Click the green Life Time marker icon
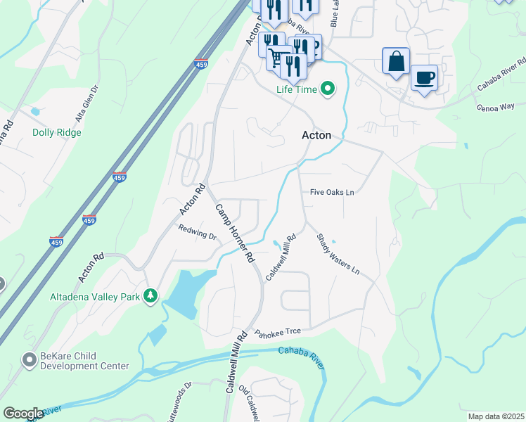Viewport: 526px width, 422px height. pos(327,89)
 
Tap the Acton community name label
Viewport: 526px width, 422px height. pos(316,135)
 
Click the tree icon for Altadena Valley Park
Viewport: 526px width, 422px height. pos(150,297)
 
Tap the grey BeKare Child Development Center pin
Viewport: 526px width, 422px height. pos(29,361)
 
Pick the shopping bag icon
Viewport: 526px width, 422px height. pos(396,60)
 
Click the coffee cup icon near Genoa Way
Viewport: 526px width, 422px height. pos(423,77)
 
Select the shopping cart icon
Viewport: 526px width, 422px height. pos(278,57)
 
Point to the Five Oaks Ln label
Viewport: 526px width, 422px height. pos(332,192)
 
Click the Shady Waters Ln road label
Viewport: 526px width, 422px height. pos(338,254)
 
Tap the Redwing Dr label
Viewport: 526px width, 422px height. pos(197,231)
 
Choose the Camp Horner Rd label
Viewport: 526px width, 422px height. pos(234,233)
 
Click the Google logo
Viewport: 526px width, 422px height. pos(23,414)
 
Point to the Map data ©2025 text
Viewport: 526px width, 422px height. pos(495,416)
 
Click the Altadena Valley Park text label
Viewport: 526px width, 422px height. pos(95,297)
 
